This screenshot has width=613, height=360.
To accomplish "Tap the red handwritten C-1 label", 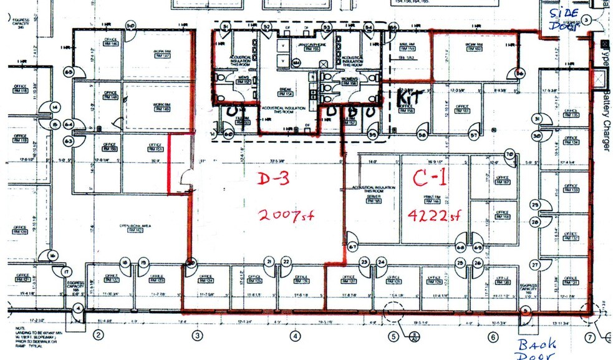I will coord(430,179).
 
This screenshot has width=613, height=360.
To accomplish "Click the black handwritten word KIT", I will coord(411,97).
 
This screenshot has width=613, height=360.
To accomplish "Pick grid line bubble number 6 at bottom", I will coord(493,336).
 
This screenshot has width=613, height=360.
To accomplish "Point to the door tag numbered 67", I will coord(352,247).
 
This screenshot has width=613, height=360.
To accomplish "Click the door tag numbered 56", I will coord(520,74).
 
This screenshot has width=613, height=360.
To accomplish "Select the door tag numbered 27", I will coord(534,265).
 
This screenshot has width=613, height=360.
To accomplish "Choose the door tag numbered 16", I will coord(54,256).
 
